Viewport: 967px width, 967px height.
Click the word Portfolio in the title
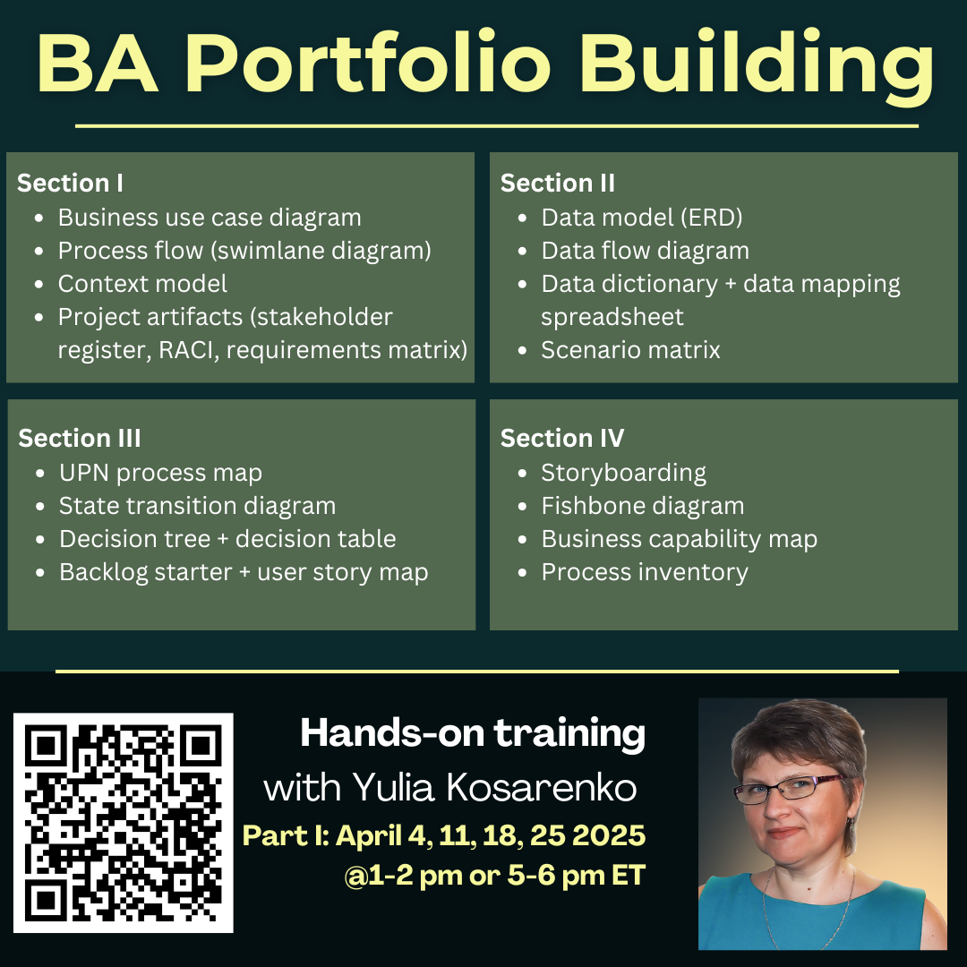(368, 62)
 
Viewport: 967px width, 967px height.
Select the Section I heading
(71, 184)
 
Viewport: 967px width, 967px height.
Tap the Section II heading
(558, 184)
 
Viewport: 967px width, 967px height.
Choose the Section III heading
(80, 439)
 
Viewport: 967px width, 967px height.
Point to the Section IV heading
(562, 439)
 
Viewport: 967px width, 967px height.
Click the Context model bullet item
(142, 284)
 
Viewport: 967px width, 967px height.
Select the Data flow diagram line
(645, 251)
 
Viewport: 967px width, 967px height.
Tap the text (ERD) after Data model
(712, 218)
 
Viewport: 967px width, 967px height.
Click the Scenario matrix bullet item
(630, 350)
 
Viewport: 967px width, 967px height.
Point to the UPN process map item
(160, 473)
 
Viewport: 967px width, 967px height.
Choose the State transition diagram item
(197, 506)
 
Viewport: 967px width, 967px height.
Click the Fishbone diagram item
(643, 506)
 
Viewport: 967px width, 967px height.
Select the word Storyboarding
(623, 473)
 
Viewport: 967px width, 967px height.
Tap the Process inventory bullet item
(645, 572)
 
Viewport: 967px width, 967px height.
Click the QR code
(124, 823)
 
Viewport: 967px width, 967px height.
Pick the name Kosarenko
(541, 788)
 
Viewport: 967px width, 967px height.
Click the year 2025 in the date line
(609, 835)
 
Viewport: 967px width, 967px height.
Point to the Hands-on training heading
(473, 734)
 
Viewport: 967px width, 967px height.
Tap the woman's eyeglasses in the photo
(790, 788)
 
